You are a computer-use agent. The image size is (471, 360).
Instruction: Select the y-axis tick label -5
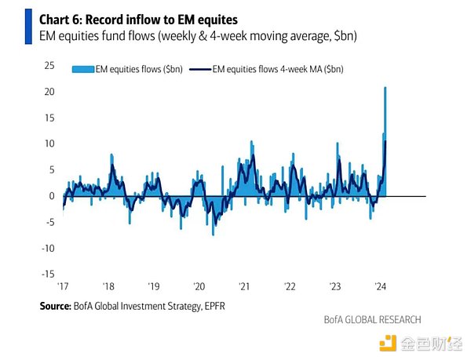[48, 222]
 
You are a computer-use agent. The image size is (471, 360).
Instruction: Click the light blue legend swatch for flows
[80, 69]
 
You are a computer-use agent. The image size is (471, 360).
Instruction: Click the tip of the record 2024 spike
[385, 87]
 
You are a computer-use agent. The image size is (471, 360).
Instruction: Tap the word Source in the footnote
[58, 304]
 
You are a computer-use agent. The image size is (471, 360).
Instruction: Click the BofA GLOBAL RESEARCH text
[372, 319]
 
